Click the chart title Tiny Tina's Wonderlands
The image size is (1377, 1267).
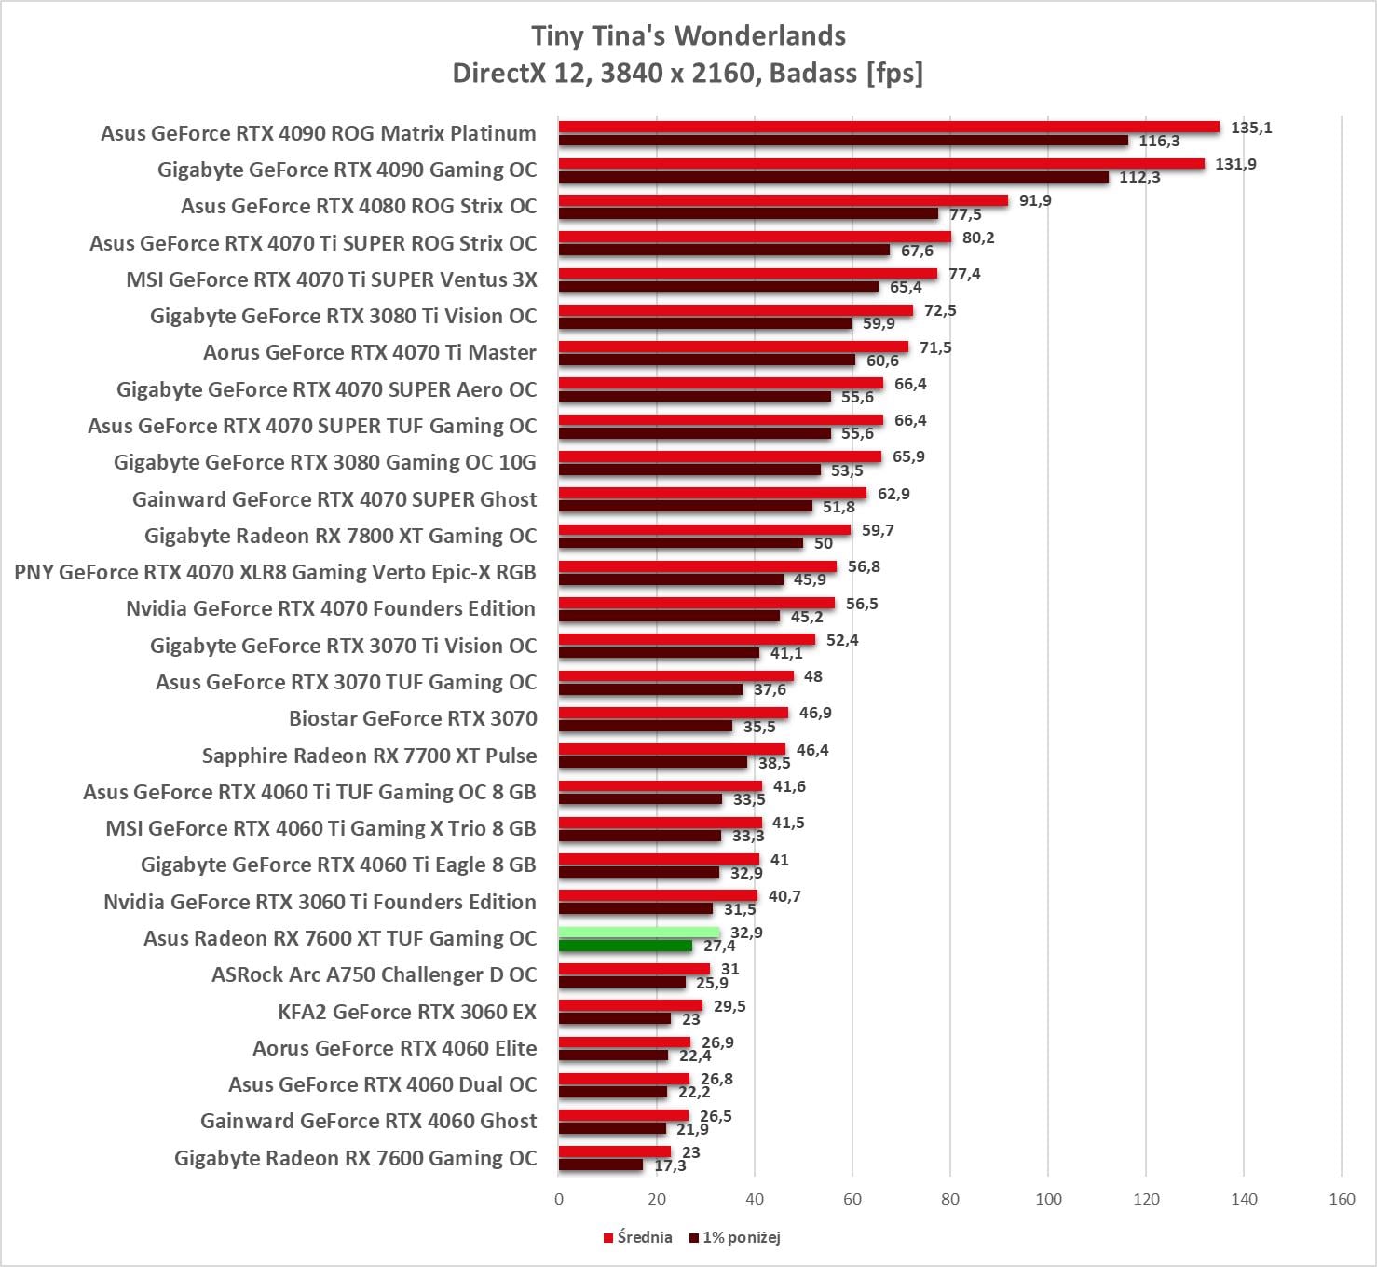point(688,35)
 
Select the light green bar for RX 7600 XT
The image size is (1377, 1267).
point(639,933)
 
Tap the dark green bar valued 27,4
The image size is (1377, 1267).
point(625,946)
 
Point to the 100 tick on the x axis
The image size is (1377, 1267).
point(1048,1199)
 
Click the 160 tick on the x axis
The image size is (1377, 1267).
point(1342,1199)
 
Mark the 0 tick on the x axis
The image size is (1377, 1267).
point(559,1199)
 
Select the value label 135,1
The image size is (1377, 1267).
point(1251,128)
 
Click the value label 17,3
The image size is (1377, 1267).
point(670,1165)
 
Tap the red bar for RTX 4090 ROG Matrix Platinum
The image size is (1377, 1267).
point(889,128)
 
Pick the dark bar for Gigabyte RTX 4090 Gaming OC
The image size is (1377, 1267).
point(834,177)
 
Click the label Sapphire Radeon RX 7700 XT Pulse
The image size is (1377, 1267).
point(369,756)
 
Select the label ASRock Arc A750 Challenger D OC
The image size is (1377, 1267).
point(374,974)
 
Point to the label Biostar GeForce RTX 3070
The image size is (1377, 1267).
point(413,718)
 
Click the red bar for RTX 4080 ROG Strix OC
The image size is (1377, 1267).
point(784,200)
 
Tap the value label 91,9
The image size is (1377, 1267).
point(1035,200)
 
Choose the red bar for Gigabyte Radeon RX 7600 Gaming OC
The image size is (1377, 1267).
point(615,1151)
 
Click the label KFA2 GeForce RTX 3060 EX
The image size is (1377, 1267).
point(407,1012)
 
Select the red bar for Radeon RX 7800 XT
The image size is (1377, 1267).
point(704,530)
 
